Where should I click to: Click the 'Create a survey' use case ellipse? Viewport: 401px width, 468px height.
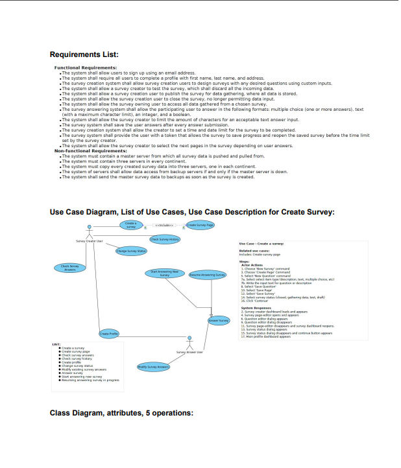pos(130,225)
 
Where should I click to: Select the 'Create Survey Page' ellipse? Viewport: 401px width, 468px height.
pos(200,225)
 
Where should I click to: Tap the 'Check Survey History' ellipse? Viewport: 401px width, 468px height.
pos(165,239)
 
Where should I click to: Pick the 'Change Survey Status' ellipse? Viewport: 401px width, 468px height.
pos(130,251)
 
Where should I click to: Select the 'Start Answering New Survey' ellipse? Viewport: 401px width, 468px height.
pos(164,274)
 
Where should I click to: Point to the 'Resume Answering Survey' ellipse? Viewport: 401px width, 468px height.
pos(207,275)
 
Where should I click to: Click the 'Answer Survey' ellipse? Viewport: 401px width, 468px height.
pos(219,320)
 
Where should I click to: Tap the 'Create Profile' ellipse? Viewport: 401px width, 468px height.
pos(108,333)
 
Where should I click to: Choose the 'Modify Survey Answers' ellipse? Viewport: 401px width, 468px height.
pos(153,367)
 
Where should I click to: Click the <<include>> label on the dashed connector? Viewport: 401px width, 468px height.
pos(165,225)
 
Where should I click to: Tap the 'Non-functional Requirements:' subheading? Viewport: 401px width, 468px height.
pos(91,150)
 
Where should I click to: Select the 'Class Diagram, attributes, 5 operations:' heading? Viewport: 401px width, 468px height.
pos(121,412)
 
